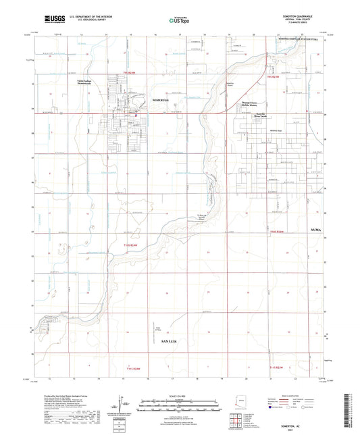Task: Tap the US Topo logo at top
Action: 180,20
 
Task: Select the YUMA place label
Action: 317,231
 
